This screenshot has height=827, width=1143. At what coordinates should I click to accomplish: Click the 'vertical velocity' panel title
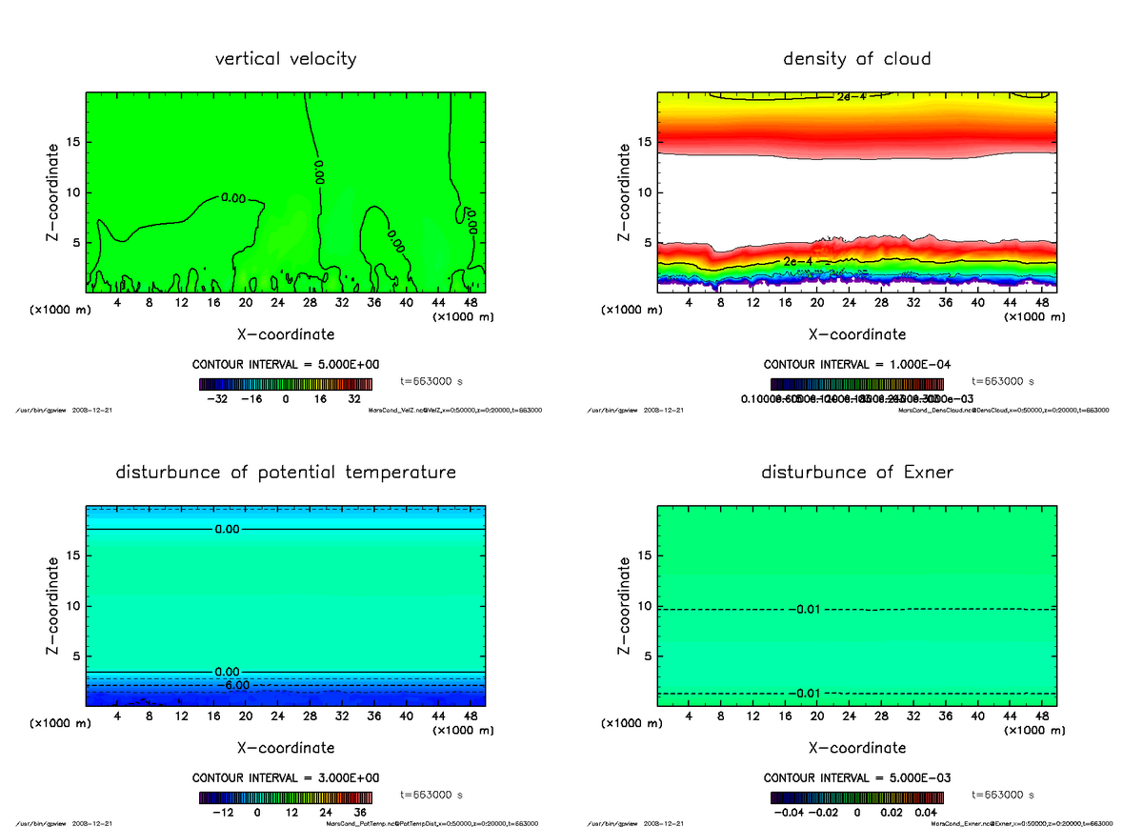coord(286,59)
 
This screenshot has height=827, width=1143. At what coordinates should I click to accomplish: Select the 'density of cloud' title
coord(856,59)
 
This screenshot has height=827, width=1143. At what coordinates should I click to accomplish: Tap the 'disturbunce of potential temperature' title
coord(286,473)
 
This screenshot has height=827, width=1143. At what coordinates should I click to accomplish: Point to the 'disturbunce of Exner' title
coord(856,473)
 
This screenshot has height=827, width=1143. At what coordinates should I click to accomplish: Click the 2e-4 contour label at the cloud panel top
coord(851,97)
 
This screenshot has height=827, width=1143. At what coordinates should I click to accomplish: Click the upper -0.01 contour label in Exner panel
coord(809,609)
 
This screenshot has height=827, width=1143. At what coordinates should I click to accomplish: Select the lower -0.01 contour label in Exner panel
coord(809,693)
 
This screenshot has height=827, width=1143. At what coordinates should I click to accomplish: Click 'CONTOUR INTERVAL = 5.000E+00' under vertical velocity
coord(285,365)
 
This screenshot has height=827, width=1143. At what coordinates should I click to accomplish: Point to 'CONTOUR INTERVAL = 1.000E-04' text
coord(856,365)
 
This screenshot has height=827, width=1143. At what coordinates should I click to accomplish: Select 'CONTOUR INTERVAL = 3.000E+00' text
coord(285,778)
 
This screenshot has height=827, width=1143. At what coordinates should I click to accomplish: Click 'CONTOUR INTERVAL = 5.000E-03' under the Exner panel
coord(856,778)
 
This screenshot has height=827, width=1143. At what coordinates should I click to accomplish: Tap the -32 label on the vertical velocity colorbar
coord(216,400)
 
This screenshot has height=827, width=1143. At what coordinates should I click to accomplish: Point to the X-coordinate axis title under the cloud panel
coord(856,334)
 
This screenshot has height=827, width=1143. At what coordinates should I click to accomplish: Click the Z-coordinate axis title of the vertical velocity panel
coord(54,192)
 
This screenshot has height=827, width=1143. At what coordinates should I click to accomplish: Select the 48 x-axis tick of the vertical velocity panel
coord(471,302)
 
